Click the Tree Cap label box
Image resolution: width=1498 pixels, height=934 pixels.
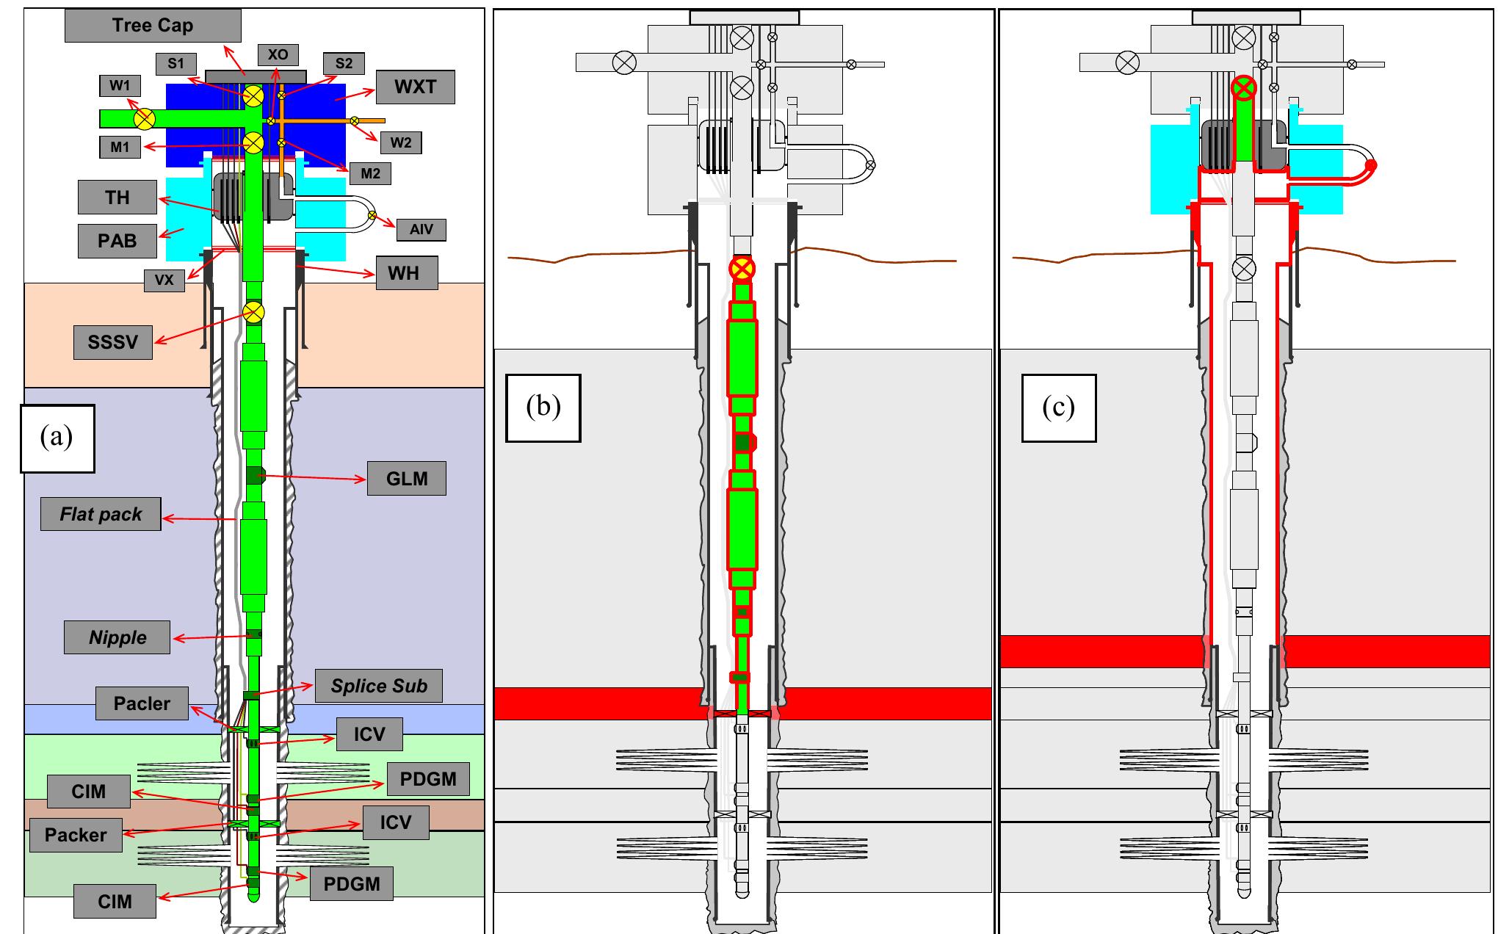point(153,26)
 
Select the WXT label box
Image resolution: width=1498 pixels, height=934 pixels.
point(415,87)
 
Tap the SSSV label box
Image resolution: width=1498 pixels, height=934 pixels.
point(113,342)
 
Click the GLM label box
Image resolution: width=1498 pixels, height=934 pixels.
point(406,479)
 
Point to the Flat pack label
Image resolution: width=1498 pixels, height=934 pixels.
point(101,514)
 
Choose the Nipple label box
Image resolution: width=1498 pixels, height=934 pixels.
point(117,637)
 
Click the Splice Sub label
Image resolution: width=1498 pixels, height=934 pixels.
point(378,686)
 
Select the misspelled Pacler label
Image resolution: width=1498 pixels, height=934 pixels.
point(142,703)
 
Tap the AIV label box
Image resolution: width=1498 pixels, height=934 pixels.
point(421,230)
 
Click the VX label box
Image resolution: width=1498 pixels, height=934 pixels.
point(164,280)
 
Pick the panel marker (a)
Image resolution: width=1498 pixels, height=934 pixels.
point(57,438)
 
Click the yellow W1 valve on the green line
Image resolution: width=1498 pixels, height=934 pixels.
point(145,118)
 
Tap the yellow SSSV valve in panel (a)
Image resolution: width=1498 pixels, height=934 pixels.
point(253,313)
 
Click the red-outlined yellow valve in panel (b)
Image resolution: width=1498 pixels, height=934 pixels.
point(742,269)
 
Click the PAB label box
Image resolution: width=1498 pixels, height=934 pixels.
point(117,241)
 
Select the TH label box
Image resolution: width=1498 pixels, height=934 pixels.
point(117,198)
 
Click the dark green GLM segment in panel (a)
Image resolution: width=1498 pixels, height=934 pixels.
point(254,475)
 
